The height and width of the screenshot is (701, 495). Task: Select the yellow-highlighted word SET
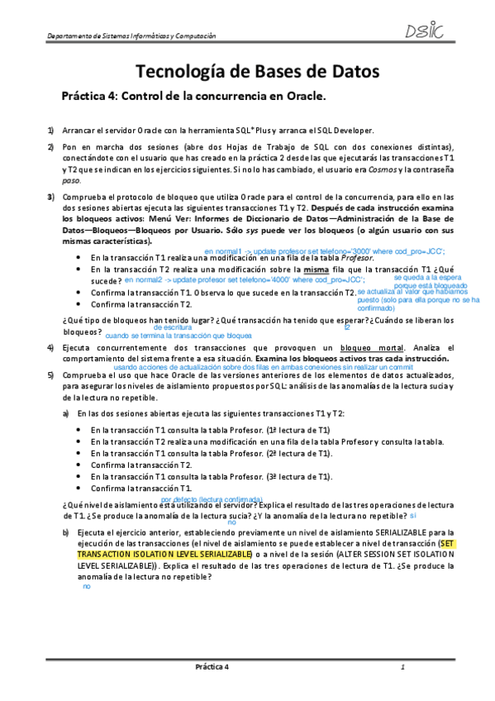[x=449, y=544]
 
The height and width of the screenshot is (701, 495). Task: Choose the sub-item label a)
[x=67, y=412]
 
